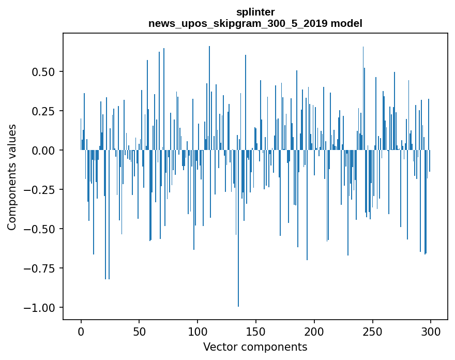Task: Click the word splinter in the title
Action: coord(255,12)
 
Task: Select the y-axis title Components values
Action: coord(11,177)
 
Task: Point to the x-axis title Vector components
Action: coord(255,347)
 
